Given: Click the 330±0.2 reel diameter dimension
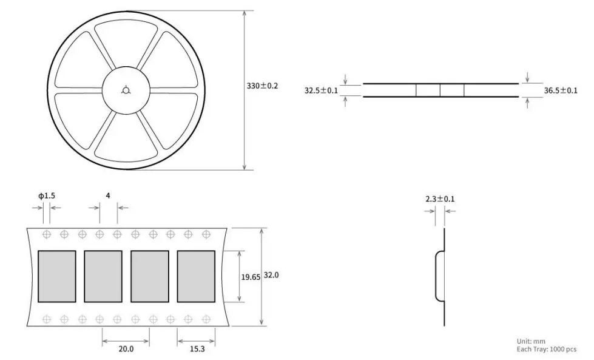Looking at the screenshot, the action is click(x=262, y=86).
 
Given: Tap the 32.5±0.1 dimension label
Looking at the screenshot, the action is click(x=321, y=90).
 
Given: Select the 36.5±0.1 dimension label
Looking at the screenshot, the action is click(x=561, y=90).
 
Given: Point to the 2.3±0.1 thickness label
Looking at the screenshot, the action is click(x=440, y=199).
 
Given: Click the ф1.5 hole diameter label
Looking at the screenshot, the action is click(x=46, y=195).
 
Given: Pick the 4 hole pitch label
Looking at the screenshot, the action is click(x=108, y=195).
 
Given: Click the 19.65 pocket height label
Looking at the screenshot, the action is click(x=251, y=277).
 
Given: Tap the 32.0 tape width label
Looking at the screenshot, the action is click(x=271, y=275).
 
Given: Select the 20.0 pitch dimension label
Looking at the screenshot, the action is click(x=126, y=348).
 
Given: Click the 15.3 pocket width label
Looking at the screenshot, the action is click(x=197, y=348).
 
